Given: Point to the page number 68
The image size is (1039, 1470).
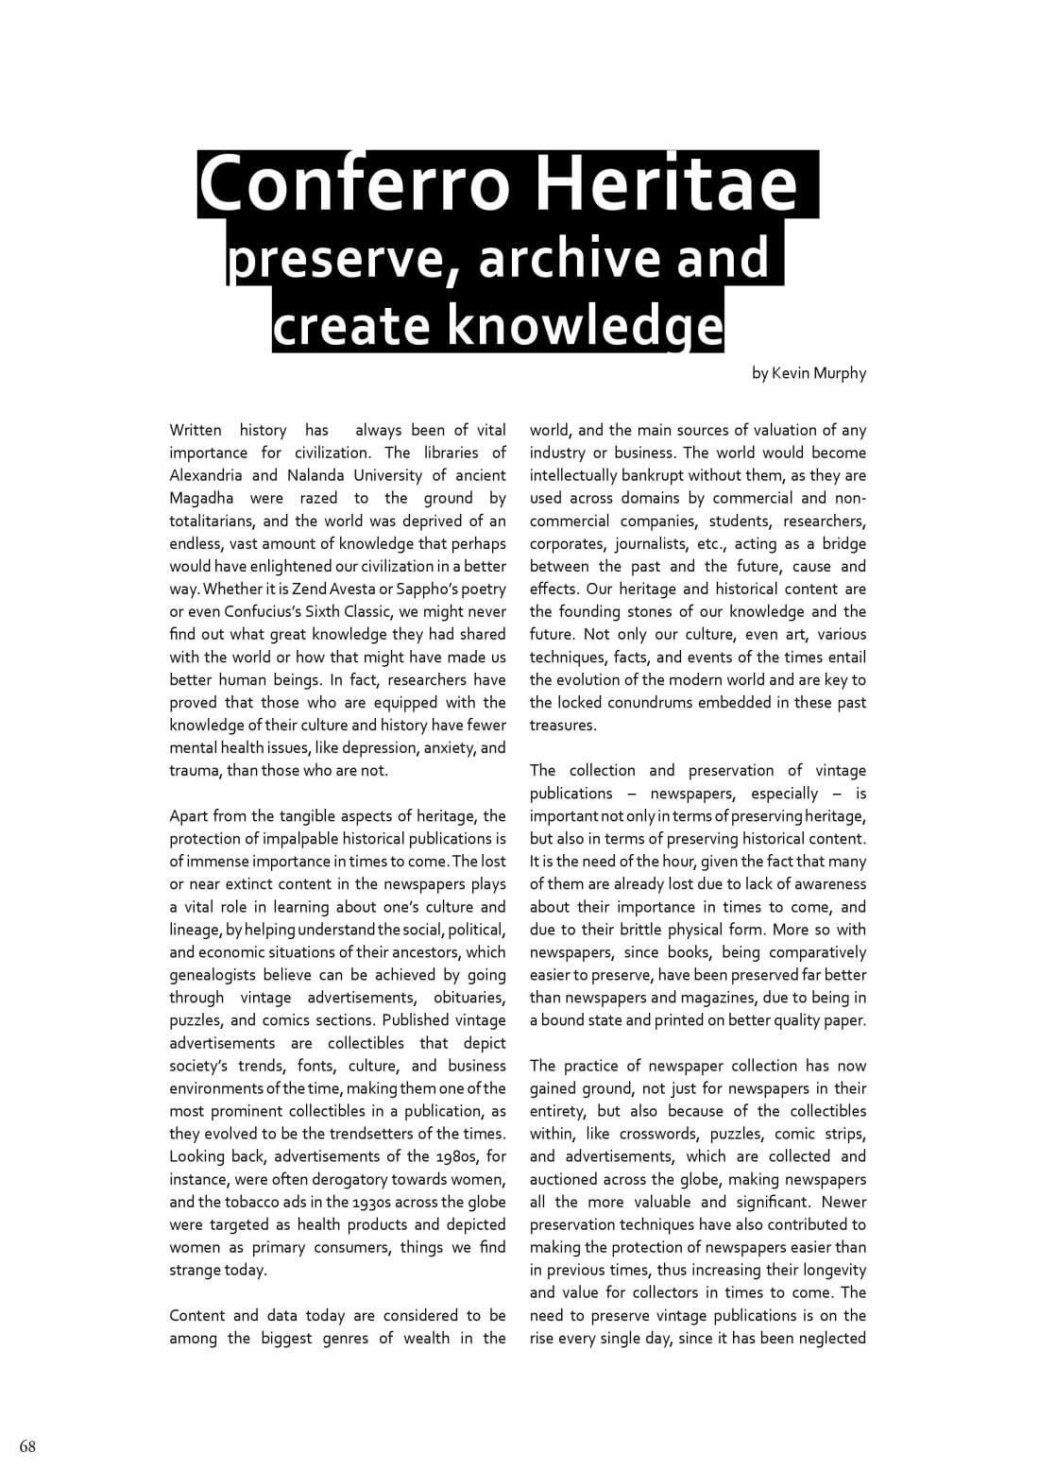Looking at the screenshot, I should [27, 1446].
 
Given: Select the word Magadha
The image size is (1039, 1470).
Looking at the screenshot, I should [202, 498].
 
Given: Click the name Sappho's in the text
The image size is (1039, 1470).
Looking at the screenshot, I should [442, 589].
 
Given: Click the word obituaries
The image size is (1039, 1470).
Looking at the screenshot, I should [469, 998].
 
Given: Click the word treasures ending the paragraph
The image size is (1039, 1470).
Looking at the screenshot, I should [563, 725].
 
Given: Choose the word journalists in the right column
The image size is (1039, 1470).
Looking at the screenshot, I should [655, 543].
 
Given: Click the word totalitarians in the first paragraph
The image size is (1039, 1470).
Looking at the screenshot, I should [213, 521].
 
